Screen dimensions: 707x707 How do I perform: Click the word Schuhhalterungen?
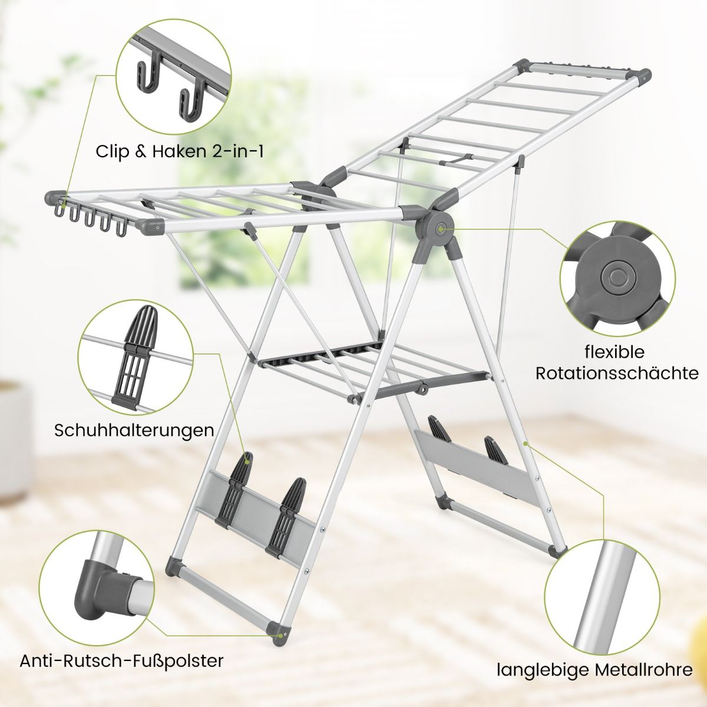134,430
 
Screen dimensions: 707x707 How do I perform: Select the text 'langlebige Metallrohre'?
594,670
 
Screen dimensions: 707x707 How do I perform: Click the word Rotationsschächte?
617,374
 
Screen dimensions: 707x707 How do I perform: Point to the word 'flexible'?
615,352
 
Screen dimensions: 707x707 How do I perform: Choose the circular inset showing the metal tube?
603,597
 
